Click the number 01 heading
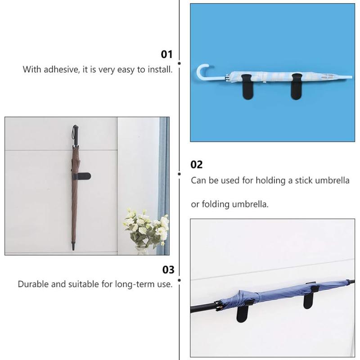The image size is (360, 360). pyautogui.click(x=167, y=54)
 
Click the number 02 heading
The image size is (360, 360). pyautogui.click(x=197, y=165)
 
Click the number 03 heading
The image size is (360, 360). pyautogui.click(x=168, y=270)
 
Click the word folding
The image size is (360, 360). pyautogui.click(x=216, y=204)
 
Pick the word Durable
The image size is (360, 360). pyautogui.click(x=33, y=284)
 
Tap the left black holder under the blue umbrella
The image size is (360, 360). pyautogui.click(x=245, y=310)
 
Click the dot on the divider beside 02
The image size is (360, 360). pyautogui.click(x=180, y=174)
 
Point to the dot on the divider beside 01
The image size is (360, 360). pyautogui.click(x=180, y=63)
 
